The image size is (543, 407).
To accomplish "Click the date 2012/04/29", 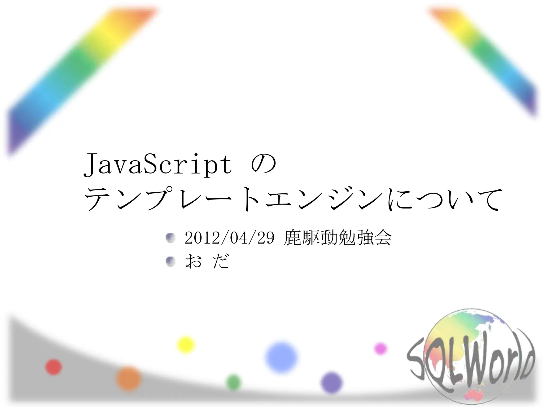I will (x=229, y=238).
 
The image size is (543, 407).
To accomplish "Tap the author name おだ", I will (x=207, y=261).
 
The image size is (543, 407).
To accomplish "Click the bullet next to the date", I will (x=170, y=238).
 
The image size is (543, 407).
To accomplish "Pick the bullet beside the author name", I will (x=170, y=262).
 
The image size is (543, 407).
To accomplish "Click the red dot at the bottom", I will (x=54, y=367).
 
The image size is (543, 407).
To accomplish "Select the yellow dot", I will (x=186, y=345).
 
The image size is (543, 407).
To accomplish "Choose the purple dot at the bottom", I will (x=331, y=383).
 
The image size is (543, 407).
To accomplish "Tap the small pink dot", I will (x=380, y=348).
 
